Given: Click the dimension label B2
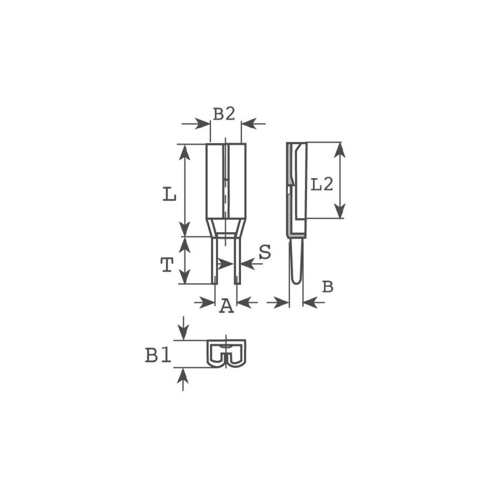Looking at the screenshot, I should pos(224,114).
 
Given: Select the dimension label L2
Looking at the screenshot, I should pos(322,184).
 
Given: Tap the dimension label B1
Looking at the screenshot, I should pos(158,355).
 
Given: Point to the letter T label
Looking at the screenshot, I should pos(167,266).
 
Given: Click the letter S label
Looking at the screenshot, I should pos(265,252).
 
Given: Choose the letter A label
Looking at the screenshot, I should pos(226,306).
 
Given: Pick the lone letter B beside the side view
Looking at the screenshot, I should pos(327,287).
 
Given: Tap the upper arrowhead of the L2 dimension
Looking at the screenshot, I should pos(339,149).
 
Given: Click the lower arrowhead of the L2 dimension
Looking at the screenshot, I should pos(339,211).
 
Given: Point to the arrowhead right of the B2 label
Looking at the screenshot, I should pos(248,123).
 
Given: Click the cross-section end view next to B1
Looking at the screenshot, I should pos(226,353).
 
